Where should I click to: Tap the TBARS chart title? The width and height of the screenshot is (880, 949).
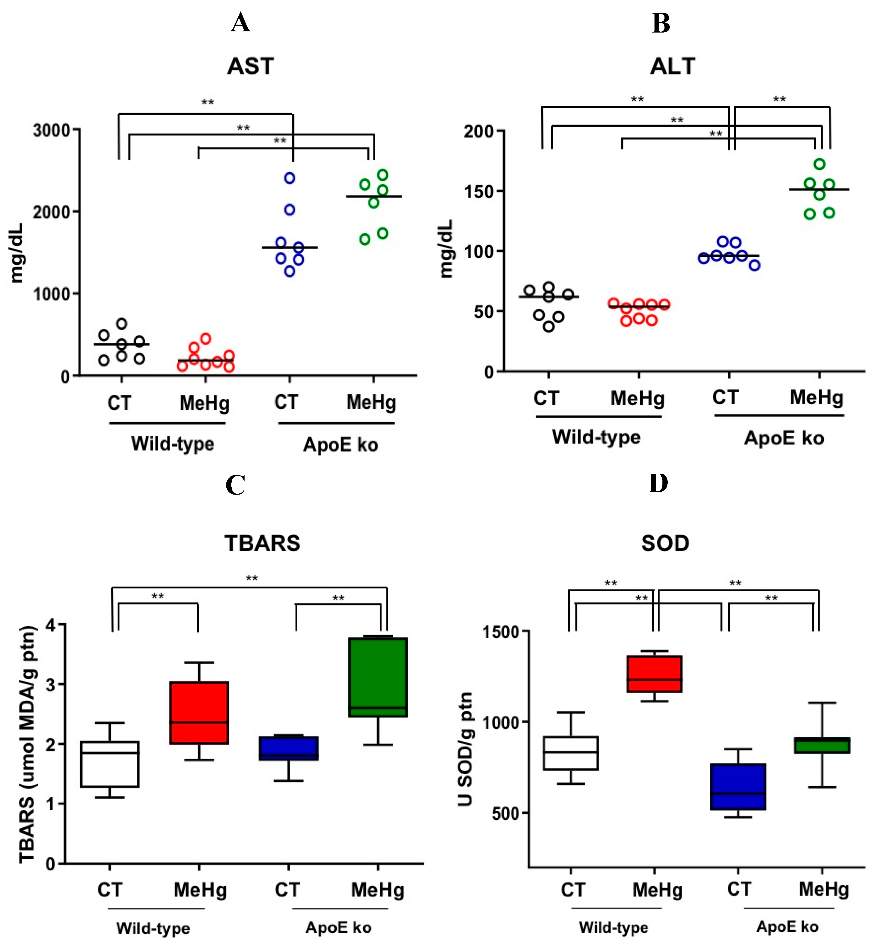pos(262,543)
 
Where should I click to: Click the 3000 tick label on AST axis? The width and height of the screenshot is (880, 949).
pos(51,130)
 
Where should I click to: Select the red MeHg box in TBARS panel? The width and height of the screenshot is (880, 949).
pos(199,712)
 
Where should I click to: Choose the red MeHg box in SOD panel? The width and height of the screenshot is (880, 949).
pos(654,674)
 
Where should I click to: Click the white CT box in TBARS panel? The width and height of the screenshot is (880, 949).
pos(110,764)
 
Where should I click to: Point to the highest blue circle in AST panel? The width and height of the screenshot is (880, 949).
pos(289,178)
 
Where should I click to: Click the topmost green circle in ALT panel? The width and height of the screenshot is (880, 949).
pos(819,164)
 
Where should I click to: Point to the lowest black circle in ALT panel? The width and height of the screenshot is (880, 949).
pos(549,327)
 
